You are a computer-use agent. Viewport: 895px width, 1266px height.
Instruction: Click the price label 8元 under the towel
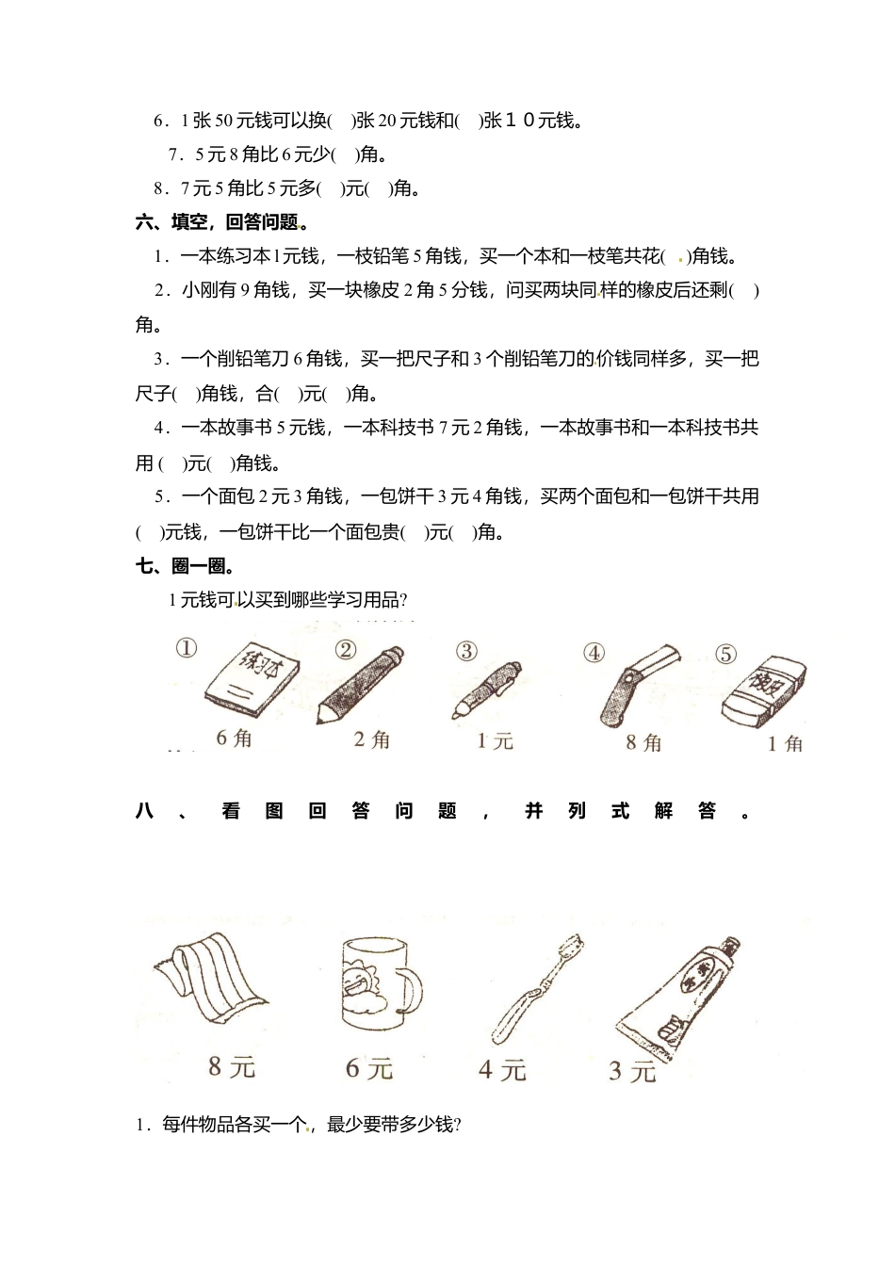[x=232, y=1066]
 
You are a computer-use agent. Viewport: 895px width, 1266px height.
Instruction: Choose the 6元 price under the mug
[x=369, y=1068]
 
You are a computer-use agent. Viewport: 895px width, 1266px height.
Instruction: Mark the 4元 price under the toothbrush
[x=502, y=1070]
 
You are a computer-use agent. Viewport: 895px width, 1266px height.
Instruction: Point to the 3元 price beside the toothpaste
[x=631, y=1071]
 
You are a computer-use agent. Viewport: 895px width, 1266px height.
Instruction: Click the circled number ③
[x=466, y=652]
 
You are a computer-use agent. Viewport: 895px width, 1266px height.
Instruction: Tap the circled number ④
[x=594, y=652]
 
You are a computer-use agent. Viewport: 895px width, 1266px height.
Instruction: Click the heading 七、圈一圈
[x=185, y=566]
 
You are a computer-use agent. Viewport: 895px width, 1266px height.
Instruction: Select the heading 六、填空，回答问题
[x=222, y=222]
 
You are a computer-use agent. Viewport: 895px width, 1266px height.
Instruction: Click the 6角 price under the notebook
[x=234, y=738]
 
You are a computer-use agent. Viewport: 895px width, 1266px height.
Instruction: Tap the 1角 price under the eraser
[x=785, y=744]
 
